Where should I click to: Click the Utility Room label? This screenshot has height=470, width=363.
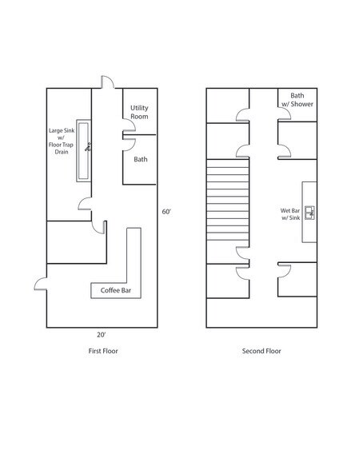[139, 112]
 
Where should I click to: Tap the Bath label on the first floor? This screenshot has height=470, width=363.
[140, 159]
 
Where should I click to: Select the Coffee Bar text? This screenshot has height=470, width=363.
[116, 290]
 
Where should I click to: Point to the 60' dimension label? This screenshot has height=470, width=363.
[166, 212]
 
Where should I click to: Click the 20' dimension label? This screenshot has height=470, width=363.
[101, 334]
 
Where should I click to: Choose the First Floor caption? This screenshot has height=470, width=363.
[103, 351]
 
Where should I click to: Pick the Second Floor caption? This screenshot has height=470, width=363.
[261, 351]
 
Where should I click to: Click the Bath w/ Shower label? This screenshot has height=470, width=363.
[297, 99]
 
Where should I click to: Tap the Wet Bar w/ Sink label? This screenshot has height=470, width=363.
[290, 214]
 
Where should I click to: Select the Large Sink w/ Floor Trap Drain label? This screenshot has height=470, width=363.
[61, 141]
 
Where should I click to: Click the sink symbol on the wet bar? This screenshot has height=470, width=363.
[309, 213]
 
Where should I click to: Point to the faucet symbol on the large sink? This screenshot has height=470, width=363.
[88, 146]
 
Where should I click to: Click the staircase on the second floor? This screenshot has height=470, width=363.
[228, 200]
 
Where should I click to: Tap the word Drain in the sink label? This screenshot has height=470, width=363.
[62, 152]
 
